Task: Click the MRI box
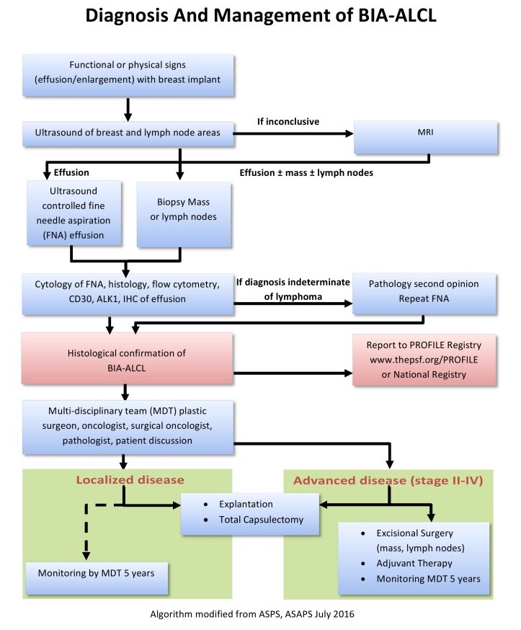click(x=425, y=138)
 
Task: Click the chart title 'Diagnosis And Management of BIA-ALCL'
click(x=261, y=16)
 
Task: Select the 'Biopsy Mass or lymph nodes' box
click(x=184, y=214)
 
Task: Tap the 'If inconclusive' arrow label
click(x=288, y=121)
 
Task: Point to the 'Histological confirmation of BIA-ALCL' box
click(x=127, y=358)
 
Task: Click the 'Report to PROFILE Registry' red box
click(x=424, y=360)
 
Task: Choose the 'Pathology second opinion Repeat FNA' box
click(x=424, y=293)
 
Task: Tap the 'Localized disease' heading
click(x=130, y=480)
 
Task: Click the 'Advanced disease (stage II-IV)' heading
click(x=388, y=481)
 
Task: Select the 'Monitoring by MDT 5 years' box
click(x=97, y=578)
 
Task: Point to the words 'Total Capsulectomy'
click(x=261, y=520)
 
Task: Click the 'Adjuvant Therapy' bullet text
click(x=414, y=563)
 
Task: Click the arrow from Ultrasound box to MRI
click(x=293, y=134)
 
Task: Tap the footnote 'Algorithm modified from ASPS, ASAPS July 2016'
click(x=252, y=614)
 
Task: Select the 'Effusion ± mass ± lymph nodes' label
click(x=306, y=173)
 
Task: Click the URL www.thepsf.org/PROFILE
click(x=424, y=360)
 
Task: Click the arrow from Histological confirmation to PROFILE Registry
click(x=293, y=373)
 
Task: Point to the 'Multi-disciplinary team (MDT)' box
click(x=128, y=427)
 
